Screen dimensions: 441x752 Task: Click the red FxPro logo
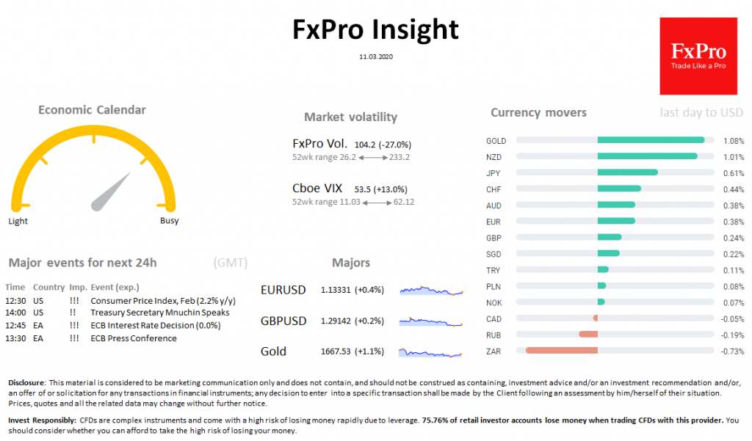698,57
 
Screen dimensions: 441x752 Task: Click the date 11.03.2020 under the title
375,56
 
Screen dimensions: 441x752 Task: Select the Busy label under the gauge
169,221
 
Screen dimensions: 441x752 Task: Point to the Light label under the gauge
18,221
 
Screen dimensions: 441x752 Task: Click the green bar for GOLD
651,140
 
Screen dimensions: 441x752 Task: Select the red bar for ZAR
562,351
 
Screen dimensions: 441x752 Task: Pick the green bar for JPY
627,172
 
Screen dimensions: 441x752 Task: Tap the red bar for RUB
588,335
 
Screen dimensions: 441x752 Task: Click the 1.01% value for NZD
734,156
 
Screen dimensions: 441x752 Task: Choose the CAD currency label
494,318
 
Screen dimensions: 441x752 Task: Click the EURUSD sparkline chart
432,291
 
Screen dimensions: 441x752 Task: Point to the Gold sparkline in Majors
432,353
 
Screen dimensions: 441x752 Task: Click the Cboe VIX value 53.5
363,189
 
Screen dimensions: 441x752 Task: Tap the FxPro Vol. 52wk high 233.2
399,157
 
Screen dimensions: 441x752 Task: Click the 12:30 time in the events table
15,301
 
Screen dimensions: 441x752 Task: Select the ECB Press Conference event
133,338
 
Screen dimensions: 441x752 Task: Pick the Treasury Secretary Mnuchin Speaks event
159,313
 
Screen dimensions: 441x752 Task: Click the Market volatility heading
350,117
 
